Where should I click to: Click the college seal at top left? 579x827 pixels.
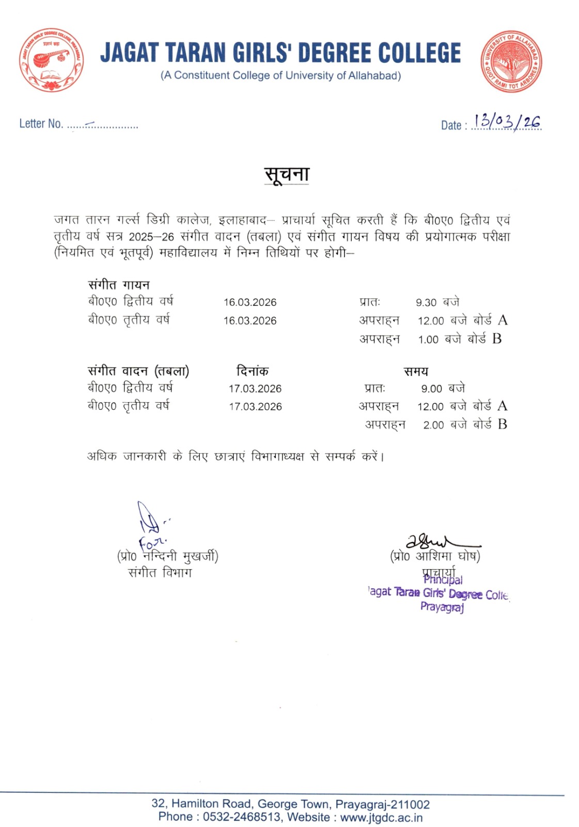tap(51, 60)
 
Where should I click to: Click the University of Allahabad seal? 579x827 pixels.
tap(511, 61)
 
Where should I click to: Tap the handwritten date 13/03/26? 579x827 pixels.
tap(507, 122)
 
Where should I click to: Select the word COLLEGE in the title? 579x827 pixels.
tap(419, 53)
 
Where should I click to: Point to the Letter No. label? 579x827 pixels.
tap(41, 124)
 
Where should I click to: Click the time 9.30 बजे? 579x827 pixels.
tap(437, 302)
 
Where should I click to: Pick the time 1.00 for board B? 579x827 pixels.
tap(428, 340)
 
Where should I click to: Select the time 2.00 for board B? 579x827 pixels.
tap(433, 425)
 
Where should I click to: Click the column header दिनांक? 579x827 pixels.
tap(253, 371)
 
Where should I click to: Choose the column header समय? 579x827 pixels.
tap(416, 371)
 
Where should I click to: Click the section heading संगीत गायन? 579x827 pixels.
tap(119, 285)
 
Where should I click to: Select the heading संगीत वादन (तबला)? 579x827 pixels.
tap(138, 371)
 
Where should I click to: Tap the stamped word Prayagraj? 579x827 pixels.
tap(442, 607)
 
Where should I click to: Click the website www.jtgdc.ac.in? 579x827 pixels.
tap(381, 817)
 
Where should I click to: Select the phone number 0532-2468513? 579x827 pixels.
tap(242, 817)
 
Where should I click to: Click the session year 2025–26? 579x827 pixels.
tap(151, 237)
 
